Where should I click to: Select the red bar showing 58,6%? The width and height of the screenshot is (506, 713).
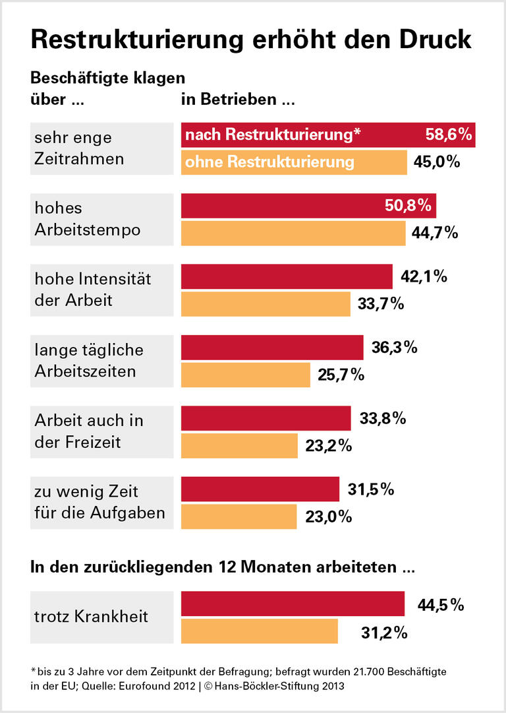328,135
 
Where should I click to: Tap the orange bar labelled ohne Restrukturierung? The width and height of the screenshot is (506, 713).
294,162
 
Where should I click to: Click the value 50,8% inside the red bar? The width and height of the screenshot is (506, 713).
407,206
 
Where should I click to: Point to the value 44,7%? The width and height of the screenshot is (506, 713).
434,233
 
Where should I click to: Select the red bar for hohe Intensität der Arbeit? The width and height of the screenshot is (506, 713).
287,277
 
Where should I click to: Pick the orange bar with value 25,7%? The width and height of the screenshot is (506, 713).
245,375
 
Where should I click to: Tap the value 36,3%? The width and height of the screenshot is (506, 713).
394,348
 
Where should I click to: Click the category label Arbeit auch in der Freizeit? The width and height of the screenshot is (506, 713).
89,431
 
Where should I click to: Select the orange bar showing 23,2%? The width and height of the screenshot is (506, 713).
239,446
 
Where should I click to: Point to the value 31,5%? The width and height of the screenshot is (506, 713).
370,489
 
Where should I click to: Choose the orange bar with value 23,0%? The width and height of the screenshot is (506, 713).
239,517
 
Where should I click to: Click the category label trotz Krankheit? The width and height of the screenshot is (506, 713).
91,617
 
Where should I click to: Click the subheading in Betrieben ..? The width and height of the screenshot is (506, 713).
238,101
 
